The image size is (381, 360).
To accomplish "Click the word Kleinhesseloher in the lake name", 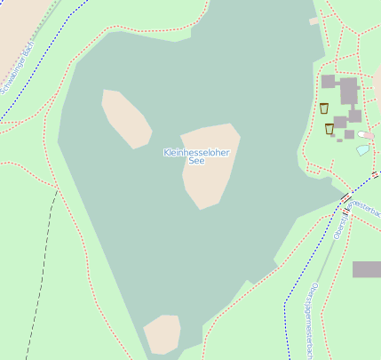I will click(196, 153).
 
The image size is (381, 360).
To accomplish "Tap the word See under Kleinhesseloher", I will click(196, 161).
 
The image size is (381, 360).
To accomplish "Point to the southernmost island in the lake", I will click(163, 334).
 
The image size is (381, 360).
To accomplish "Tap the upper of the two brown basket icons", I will click(324, 108).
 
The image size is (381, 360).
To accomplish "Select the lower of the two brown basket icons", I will click(329, 129).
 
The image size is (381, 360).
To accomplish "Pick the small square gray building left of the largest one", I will click(328, 81).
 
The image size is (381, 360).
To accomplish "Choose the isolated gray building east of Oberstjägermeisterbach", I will click(367, 269).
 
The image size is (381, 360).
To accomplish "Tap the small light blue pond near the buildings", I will click(362, 150).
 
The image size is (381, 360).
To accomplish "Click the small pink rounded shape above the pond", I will click(366, 135).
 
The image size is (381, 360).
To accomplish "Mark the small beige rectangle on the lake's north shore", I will click(314, 20).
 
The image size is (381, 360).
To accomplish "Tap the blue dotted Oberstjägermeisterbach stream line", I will click(287, 302).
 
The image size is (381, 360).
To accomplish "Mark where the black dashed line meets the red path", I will click(56, 189).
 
